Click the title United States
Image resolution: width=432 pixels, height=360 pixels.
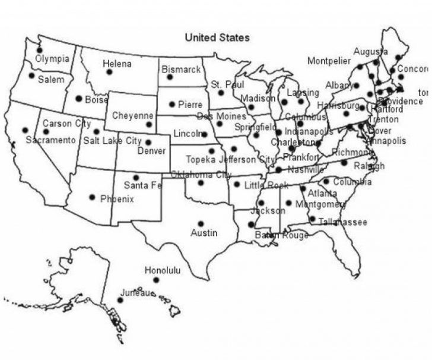tap(217, 37)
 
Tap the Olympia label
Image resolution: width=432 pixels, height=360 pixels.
tap(52, 59)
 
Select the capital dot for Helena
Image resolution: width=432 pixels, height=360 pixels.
tap(109, 72)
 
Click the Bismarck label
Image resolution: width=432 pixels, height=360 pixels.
tap(181, 70)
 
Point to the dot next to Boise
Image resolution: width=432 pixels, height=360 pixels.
tap(79, 99)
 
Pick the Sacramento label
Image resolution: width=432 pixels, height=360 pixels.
tap(50, 140)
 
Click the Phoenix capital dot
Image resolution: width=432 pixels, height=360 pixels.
tap(92, 197)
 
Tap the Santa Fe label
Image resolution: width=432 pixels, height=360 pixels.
tap(142, 185)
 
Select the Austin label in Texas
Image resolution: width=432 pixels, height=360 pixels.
tap(204, 233)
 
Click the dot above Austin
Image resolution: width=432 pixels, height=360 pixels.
tap(201, 224)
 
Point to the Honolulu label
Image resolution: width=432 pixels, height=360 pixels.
tap(163, 270)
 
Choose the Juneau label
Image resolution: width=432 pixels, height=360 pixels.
tap(138, 293)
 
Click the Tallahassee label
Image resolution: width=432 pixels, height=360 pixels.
tap(343, 222)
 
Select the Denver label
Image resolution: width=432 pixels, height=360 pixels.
tap(151, 151)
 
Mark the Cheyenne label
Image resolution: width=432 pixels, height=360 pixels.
tap(132, 115)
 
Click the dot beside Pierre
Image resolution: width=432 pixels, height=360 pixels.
tap(172, 105)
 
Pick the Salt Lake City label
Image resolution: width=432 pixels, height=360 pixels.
tap(112, 141)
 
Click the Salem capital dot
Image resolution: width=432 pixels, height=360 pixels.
tap(31, 75)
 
